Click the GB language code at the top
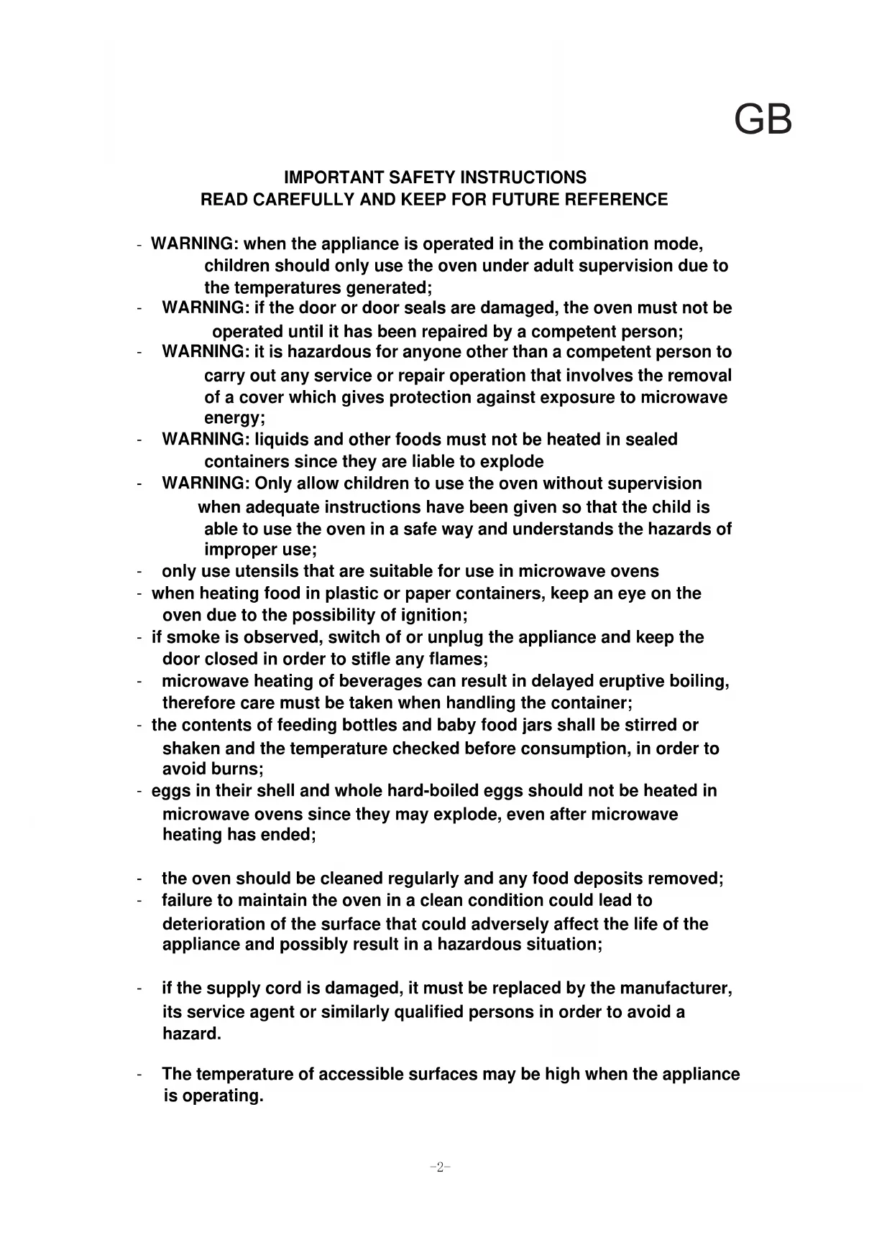click(x=763, y=120)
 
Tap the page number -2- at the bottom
click(x=439, y=1167)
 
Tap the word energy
click(x=232, y=418)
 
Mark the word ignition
click(x=431, y=616)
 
